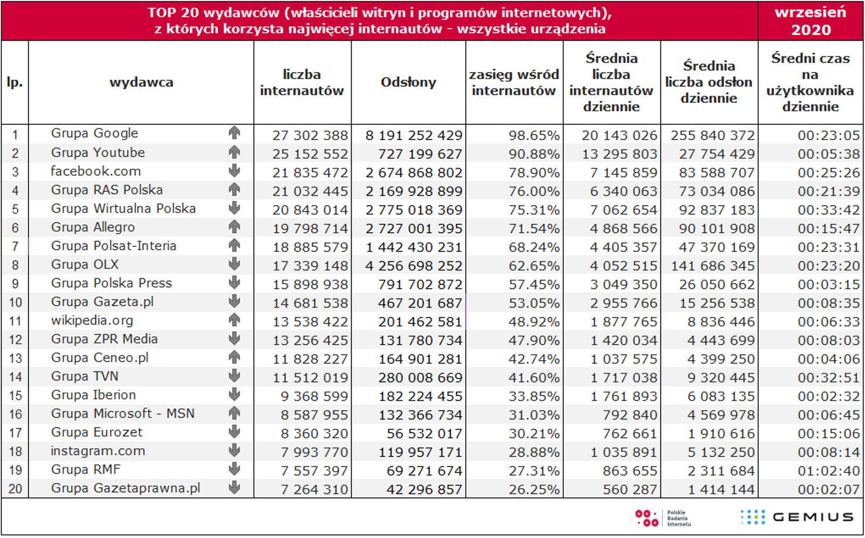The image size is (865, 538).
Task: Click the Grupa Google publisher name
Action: point(94,134)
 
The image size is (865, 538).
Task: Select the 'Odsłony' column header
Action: point(408,83)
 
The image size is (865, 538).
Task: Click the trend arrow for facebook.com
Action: point(234,171)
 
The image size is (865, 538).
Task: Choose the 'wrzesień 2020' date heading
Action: point(810,21)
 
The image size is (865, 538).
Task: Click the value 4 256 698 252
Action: point(414,266)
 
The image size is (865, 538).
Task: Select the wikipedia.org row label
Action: point(92,321)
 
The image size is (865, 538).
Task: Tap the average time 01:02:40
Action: point(828,471)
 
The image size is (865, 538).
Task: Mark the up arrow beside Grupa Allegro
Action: point(234,227)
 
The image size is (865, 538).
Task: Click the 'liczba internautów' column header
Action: point(302,83)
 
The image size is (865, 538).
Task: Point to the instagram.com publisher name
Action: point(98,451)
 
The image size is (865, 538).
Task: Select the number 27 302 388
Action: point(310,135)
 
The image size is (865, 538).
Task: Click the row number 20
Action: point(15,489)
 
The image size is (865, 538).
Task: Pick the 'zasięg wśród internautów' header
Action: point(514,83)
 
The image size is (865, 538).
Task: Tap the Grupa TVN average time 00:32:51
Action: point(828,378)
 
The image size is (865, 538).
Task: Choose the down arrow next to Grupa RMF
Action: point(234,469)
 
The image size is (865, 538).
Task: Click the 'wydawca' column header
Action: point(141,83)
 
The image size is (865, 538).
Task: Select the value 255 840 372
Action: point(713,135)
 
